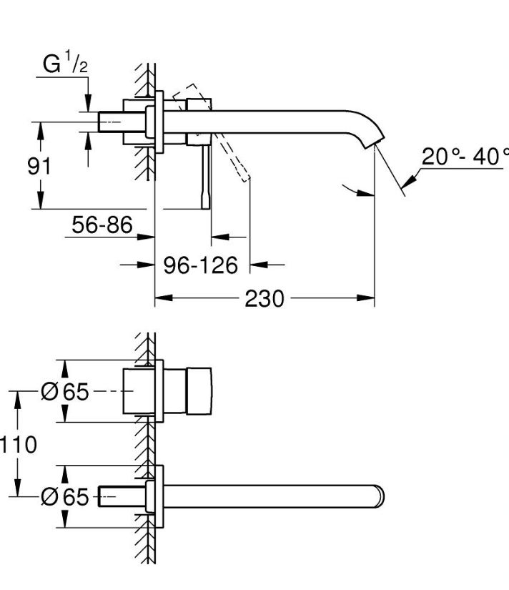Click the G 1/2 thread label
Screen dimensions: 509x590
pos(65,63)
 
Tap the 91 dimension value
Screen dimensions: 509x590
pos(39,166)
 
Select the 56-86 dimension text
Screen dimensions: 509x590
pos(102,225)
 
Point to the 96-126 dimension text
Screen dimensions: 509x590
pos(200,265)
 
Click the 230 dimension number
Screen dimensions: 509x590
pos(265,299)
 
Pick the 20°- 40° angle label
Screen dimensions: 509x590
pos(465,156)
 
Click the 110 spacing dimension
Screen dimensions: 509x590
pos(19,444)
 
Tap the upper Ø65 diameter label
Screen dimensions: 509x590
pos(65,391)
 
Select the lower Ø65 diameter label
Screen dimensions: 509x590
pos(65,497)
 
